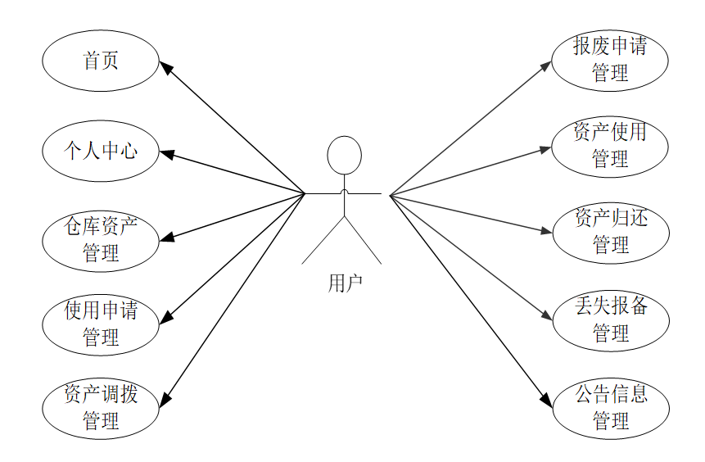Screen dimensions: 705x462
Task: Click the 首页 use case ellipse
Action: click(100, 61)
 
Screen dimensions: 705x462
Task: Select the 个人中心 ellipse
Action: click(100, 151)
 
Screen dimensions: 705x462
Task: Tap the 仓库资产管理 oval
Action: click(100, 239)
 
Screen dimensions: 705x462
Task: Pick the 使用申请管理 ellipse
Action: click(100, 324)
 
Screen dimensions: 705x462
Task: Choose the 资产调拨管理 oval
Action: click(100, 408)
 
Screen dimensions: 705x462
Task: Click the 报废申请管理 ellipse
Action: click(609, 60)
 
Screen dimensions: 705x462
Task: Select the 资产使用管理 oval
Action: click(609, 146)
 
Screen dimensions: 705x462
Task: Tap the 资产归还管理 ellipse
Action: click(610, 232)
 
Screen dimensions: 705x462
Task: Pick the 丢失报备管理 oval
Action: click(610, 319)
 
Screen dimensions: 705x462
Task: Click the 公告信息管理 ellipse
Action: click(610, 407)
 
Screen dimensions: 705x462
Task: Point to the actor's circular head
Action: click(344, 155)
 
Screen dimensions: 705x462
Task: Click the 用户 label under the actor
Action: click(344, 283)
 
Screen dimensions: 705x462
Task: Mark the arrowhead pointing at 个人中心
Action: click(165, 152)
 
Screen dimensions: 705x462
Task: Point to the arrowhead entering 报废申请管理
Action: click(547, 65)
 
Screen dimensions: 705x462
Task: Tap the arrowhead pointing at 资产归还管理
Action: click(547, 231)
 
